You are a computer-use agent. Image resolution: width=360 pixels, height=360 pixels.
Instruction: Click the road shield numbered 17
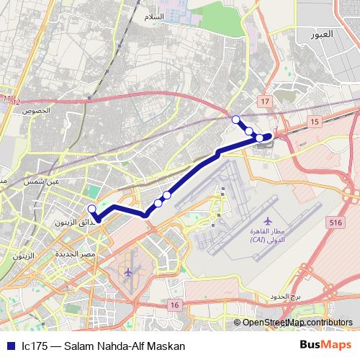(265, 103)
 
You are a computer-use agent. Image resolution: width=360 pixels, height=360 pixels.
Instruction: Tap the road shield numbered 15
(315, 123)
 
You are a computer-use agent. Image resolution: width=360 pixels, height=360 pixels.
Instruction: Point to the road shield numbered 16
(174, 306)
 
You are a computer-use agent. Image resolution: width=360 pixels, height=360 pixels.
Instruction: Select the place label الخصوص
(37, 110)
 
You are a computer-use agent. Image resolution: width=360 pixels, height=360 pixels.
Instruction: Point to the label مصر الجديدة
(78, 254)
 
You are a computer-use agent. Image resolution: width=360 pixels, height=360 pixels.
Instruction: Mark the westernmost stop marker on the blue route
(91, 210)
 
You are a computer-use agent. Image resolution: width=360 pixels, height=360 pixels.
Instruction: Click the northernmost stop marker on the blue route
(235, 119)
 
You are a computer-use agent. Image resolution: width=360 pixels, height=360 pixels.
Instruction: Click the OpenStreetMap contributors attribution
(297, 323)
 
